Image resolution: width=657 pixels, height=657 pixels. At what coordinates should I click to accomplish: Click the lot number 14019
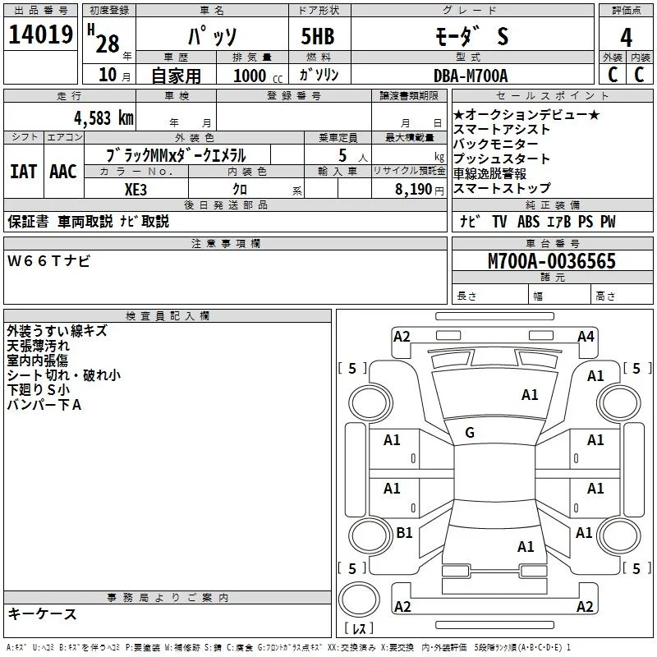[40, 34]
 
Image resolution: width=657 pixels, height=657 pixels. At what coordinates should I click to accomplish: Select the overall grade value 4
[626, 38]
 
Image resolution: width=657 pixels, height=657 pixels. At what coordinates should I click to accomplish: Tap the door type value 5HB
[318, 36]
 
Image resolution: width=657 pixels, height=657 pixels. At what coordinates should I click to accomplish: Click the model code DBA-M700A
[471, 76]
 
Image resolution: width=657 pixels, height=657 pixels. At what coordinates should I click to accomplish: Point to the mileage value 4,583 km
[103, 118]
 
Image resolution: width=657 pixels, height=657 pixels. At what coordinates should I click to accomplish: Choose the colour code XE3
[136, 190]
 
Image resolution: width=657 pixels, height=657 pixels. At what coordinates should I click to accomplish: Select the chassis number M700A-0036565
[552, 261]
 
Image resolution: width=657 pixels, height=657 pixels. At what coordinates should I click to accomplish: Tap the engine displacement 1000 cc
[258, 76]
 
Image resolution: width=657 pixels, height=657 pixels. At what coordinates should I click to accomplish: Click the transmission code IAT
[23, 172]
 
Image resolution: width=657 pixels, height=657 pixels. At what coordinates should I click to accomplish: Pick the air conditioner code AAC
[63, 172]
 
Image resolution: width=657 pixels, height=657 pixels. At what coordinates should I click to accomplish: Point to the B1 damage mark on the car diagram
[404, 532]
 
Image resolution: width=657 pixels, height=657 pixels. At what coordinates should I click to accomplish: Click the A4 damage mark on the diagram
[586, 337]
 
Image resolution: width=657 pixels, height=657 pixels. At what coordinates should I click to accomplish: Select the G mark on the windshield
[470, 433]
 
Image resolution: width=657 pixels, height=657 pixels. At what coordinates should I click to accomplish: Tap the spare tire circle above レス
[359, 599]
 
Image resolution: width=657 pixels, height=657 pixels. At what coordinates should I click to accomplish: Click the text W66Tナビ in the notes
[48, 261]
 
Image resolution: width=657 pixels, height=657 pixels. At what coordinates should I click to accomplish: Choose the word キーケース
[42, 614]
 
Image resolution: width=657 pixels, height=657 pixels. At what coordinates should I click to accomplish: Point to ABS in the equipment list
[528, 222]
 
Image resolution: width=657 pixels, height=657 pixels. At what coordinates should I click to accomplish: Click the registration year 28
[108, 44]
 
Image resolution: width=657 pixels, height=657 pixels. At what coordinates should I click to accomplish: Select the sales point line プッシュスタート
[502, 159]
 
